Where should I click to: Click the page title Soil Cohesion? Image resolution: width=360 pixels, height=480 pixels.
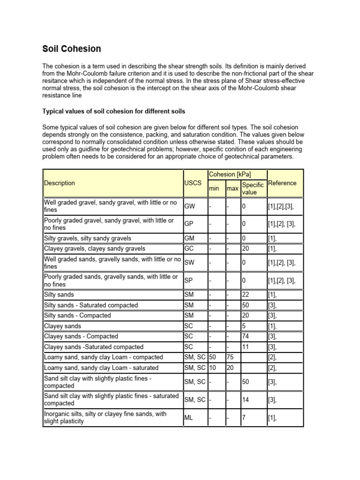point(72,49)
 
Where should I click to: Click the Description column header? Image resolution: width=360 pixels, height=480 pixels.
point(60,183)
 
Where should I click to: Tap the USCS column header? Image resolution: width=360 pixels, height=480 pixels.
point(193,183)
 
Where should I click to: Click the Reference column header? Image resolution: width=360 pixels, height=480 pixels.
point(282,183)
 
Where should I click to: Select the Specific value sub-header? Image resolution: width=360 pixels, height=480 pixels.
point(253,188)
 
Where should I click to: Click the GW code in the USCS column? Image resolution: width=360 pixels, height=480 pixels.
point(190,206)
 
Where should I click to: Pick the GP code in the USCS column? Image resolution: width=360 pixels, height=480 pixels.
point(189,224)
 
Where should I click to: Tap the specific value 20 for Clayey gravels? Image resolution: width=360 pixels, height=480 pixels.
point(246,248)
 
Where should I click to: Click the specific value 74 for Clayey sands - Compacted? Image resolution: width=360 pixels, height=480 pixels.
point(246,336)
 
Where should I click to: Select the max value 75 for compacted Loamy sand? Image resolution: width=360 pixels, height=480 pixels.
point(231,357)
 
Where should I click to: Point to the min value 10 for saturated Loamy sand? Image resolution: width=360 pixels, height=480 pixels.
point(213,368)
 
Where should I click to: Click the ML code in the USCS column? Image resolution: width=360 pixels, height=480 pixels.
point(189,417)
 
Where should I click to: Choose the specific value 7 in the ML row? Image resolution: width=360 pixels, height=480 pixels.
point(244,417)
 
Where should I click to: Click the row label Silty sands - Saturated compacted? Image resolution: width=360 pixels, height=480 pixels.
point(91,305)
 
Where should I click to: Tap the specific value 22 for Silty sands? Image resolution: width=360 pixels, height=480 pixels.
point(246,295)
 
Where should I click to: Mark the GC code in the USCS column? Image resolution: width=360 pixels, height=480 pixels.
point(189,248)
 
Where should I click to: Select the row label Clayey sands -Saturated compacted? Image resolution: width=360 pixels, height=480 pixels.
point(94,347)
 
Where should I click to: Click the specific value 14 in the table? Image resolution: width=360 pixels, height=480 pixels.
point(246,399)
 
